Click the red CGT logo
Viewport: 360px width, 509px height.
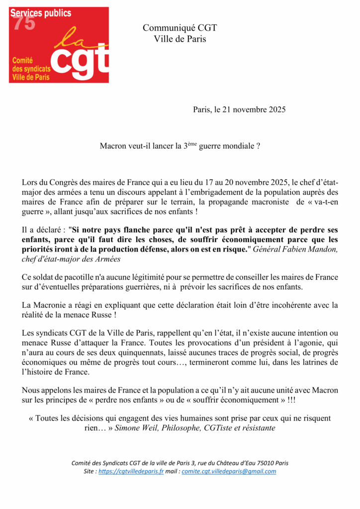(x=59, y=45)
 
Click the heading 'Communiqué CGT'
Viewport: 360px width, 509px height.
(x=180, y=28)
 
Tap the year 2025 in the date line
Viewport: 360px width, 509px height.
(x=275, y=110)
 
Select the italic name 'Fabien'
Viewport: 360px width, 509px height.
(x=298, y=249)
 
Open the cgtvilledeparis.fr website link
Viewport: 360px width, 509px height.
(x=131, y=471)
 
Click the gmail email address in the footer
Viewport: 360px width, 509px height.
(x=229, y=471)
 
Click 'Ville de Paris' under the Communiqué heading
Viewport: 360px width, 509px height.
(x=180, y=38)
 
